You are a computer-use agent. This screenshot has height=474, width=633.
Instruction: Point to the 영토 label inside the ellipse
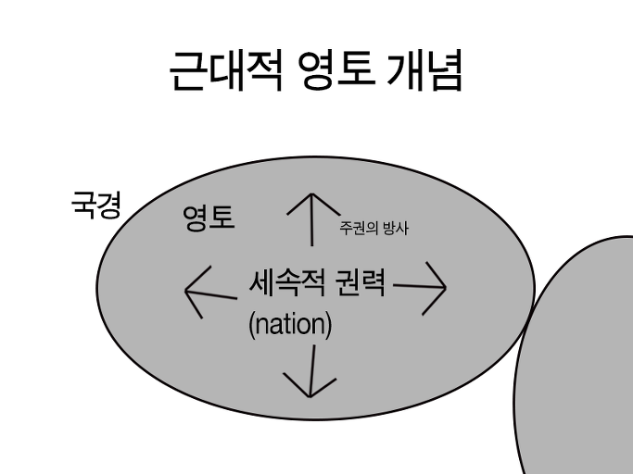(x=209, y=218)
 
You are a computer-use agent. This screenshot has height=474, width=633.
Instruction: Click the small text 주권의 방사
(x=373, y=227)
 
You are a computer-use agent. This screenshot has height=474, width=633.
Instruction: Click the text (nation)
(x=290, y=325)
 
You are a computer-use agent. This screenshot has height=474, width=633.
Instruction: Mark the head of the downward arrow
(x=310, y=393)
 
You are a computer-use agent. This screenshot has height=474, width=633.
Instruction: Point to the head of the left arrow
(x=189, y=292)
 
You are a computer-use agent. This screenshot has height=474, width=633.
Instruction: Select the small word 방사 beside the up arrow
(x=395, y=227)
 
